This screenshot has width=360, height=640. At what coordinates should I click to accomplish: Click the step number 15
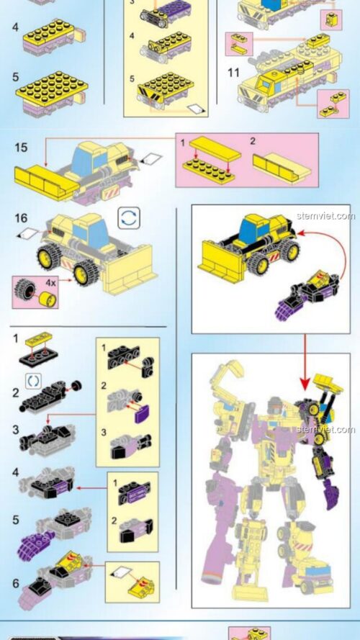point(21,148)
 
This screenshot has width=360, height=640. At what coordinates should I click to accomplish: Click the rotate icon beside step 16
point(128,219)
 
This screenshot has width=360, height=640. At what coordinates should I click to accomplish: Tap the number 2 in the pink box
point(253,142)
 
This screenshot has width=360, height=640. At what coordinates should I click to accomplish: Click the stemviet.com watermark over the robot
point(325,430)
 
